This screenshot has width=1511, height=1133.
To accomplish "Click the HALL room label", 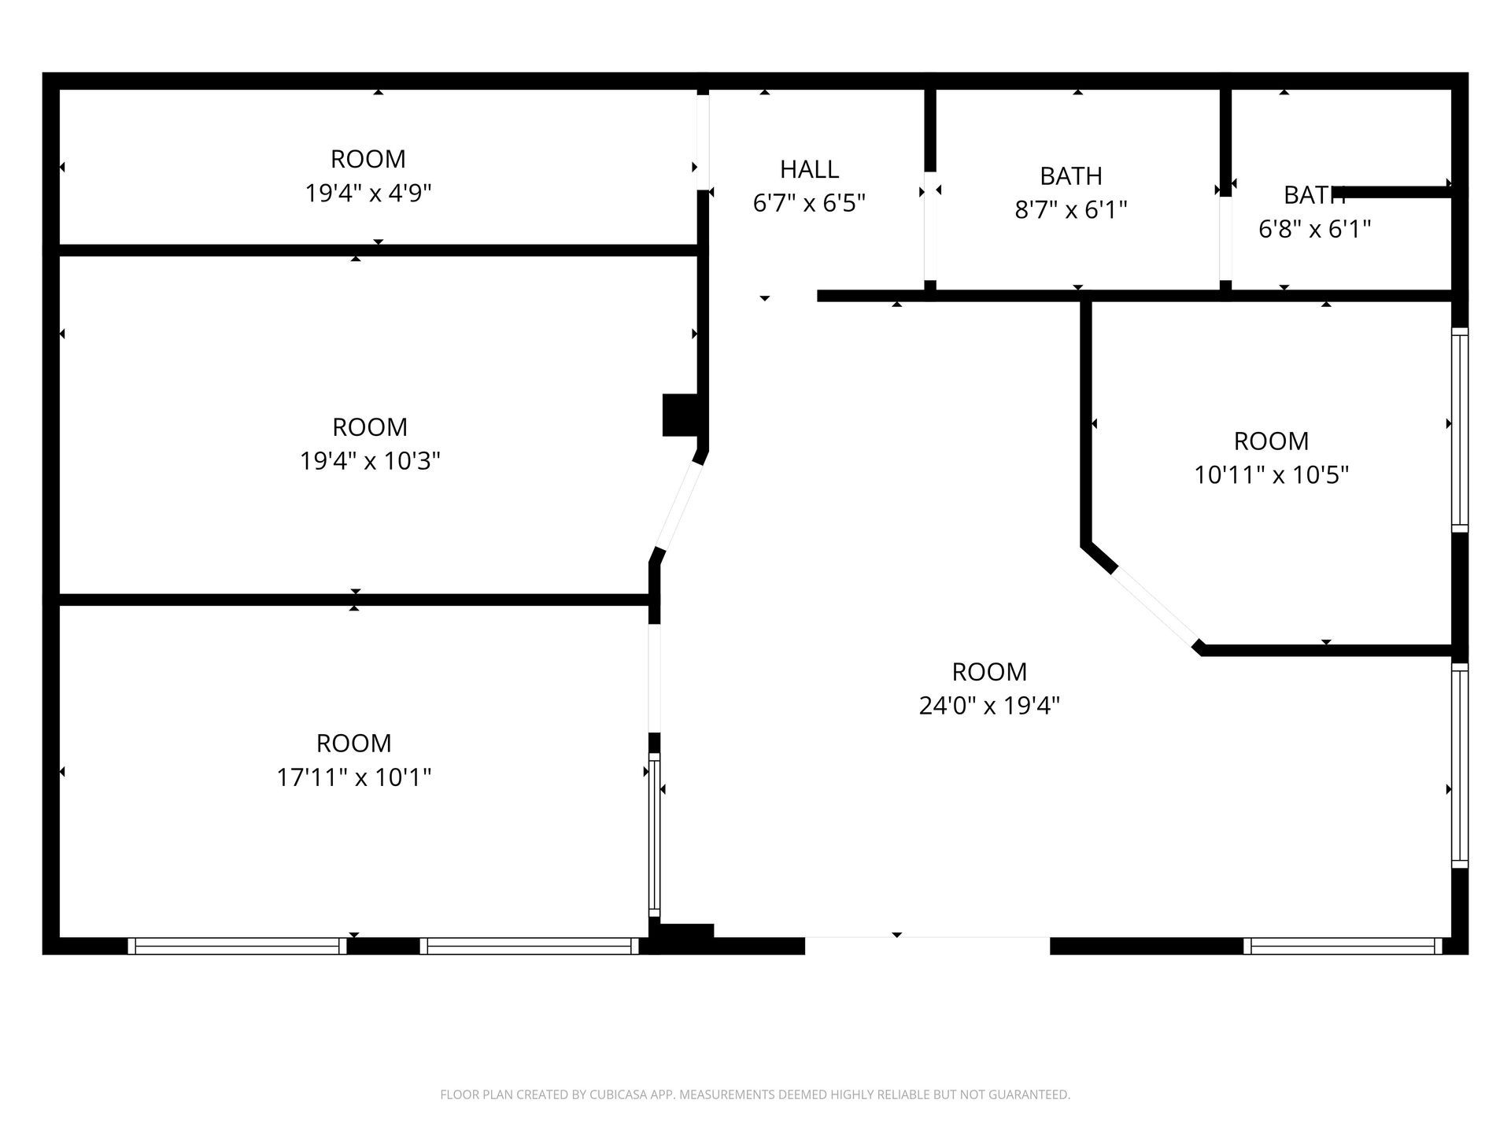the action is coord(809,169).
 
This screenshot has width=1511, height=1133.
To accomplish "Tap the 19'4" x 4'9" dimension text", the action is coord(368,193).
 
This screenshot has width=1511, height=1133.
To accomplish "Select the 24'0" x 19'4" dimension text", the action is coord(989,706).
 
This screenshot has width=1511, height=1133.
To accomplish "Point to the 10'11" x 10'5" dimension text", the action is coord(1272,475).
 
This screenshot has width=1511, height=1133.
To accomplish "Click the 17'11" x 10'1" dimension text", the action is coord(354,777).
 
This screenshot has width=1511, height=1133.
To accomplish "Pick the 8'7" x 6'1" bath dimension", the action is coord(1071,210).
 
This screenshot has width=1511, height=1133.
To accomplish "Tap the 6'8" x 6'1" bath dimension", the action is coord(1315,229).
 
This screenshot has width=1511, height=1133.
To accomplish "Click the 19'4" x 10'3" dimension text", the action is coord(370,461).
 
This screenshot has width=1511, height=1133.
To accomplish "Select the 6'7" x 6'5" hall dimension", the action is coord(809,204).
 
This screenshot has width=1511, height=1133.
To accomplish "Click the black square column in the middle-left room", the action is coord(681,415).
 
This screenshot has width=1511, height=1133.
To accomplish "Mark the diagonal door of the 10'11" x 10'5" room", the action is coord(1154,606).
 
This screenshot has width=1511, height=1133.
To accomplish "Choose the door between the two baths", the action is coord(1225,238).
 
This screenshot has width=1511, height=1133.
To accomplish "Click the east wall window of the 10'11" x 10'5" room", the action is coord(1460,430).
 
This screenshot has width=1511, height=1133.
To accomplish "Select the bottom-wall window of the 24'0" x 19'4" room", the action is coord(1343,946).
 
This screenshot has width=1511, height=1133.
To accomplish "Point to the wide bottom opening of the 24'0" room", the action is coord(928,937).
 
